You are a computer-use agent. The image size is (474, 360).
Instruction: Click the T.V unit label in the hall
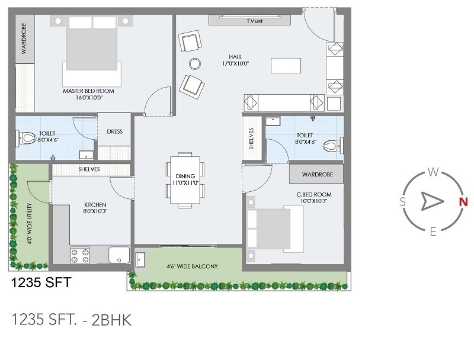254,21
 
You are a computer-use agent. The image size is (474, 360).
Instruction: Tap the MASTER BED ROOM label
88,91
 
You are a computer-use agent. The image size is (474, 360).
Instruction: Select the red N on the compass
464,201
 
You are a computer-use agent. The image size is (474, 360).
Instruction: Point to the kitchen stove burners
79,255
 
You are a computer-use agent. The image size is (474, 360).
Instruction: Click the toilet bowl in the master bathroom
27,139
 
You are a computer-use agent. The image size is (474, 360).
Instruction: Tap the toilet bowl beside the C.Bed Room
334,144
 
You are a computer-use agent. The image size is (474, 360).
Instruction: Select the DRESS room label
114,131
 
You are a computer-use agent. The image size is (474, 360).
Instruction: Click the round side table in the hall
195,63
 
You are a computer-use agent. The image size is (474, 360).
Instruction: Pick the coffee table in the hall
286,65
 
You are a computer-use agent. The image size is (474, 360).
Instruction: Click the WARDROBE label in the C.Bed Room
317,175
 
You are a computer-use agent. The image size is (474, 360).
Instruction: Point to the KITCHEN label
95,205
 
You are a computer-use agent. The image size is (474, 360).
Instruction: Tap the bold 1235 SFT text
41,283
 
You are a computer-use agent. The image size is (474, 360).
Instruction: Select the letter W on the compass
433,173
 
